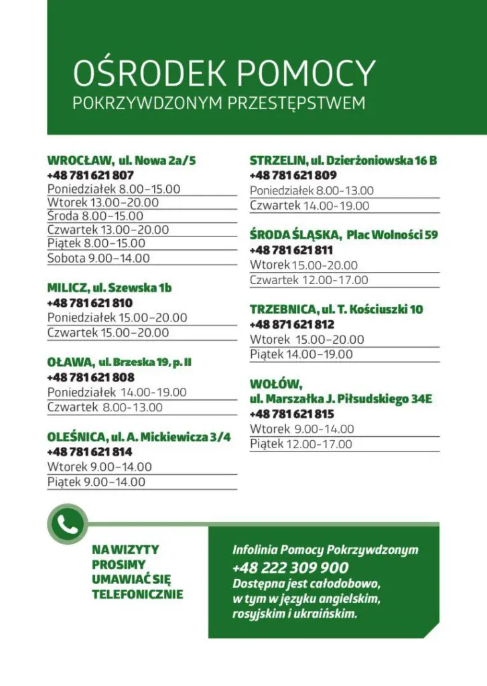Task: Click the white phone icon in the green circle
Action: pos(66,525)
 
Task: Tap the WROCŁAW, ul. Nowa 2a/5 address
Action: pos(121,161)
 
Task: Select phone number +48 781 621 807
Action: pos(90,176)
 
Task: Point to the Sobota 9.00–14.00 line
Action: pos(98,258)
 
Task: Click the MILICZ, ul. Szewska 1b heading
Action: pos(109,288)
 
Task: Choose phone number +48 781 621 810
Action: pos(90,303)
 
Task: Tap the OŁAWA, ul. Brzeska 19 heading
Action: pos(119,362)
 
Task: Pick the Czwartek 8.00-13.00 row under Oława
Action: pos(105,407)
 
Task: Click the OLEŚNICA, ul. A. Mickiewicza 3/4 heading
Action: pos(139,437)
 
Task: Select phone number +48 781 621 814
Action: pos(90,452)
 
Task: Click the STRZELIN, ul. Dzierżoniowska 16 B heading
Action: pos(343,161)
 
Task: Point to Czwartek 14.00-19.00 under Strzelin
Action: pos(309,206)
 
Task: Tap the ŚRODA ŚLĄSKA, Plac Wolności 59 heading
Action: pos(344,235)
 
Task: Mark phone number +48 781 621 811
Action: pos(292,251)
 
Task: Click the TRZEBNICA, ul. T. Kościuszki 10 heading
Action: pos(336,310)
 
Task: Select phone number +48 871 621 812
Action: pos(292,325)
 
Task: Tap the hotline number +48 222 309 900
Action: pos(290,568)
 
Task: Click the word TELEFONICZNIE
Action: pos(137,594)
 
